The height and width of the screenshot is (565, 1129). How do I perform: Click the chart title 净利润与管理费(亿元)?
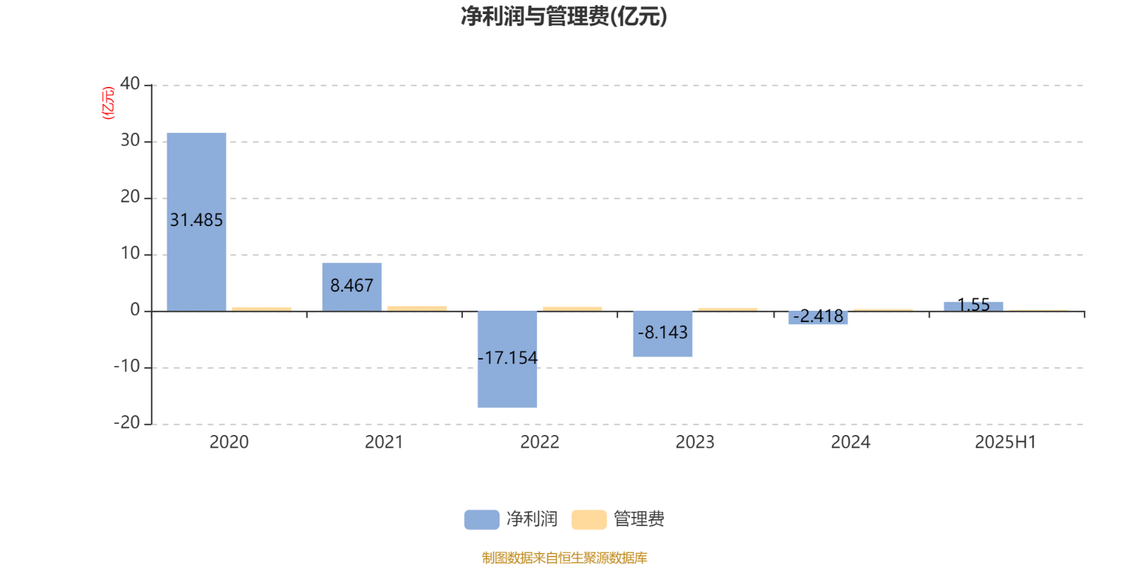(564, 16)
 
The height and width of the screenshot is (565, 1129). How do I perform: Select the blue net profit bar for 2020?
(197, 222)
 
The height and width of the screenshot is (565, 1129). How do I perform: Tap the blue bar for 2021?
(352, 287)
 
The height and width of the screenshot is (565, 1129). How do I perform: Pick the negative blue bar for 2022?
(507, 359)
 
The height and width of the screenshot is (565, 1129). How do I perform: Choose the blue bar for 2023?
(663, 334)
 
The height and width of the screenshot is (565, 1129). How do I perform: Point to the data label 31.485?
(196, 220)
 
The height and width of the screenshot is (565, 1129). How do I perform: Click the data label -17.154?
(507, 357)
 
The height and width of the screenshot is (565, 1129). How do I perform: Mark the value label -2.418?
(818, 316)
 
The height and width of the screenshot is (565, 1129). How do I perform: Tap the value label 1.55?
(973, 304)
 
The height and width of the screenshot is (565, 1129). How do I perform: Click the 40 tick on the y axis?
(130, 84)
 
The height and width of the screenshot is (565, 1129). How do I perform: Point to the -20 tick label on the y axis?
(126, 423)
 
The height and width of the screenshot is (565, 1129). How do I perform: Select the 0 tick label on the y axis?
(135, 310)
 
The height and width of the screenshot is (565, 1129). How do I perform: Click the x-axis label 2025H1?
(1006, 442)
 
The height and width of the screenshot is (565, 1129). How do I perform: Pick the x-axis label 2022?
(540, 442)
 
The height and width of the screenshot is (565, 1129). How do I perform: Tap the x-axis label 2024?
(851, 442)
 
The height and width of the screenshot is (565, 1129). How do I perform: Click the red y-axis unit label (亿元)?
(109, 103)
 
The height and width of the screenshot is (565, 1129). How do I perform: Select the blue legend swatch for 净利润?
(482, 520)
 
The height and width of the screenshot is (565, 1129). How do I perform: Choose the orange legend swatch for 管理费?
(588, 520)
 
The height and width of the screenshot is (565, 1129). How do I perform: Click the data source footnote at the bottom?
(564, 557)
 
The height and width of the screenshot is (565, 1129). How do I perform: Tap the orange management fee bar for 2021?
(417, 308)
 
